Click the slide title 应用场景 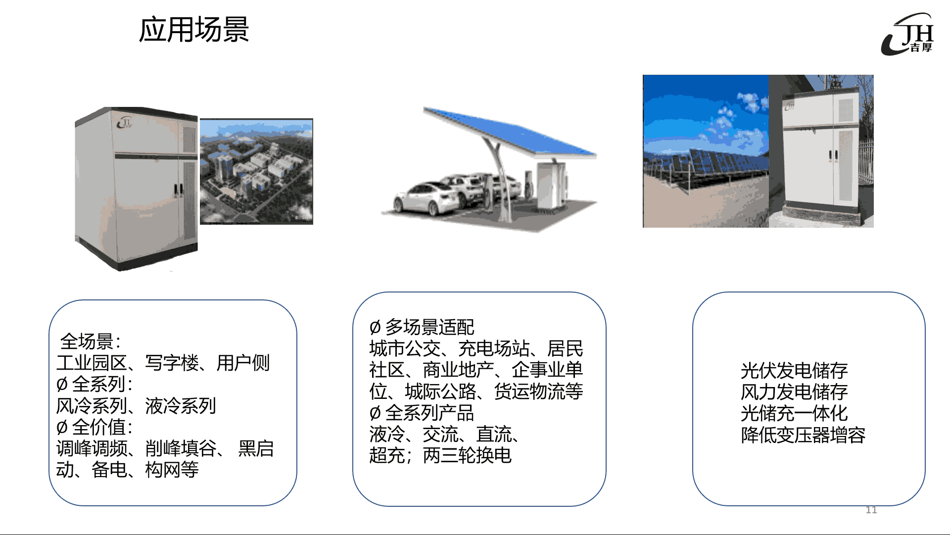(x=194, y=30)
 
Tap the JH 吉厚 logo (x=907, y=34)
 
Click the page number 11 (x=871, y=510)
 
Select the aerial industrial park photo (x=256, y=171)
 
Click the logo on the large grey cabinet (x=124, y=122)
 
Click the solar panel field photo (x=706, y=151)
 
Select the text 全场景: (x=91, y=341)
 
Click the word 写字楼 (x=172, y=363)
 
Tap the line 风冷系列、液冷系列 (x=136, y=406)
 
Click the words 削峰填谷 (x=181, y=448)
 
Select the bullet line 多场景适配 (x=422, y=327)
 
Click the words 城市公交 (x=405, y=348)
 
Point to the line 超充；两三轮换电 (x=440, y=455)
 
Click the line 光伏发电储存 (x=794, y=370)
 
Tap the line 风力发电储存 (x=794, y=392)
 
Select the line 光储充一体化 (x=794, y=413)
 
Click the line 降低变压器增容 (x=803, y=435)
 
